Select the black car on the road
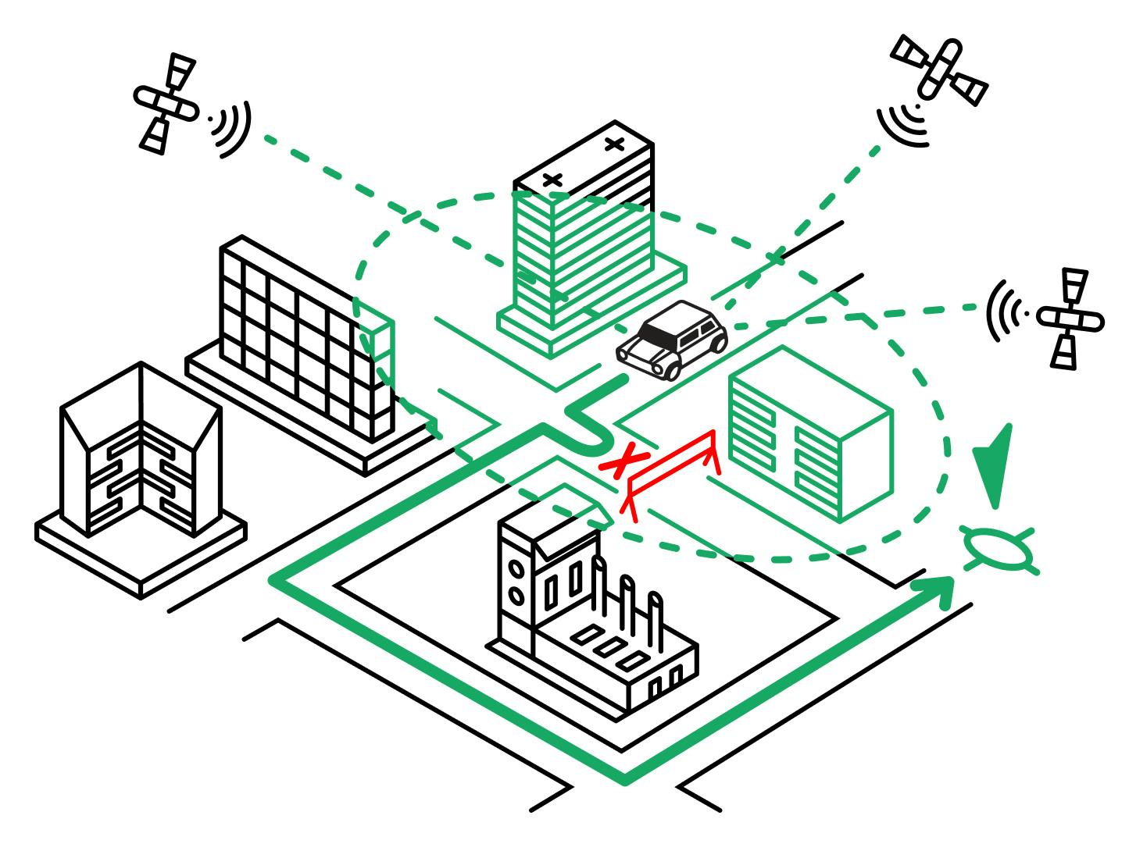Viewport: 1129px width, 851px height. point(672,339)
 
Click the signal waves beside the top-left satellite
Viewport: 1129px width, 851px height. point(231,125)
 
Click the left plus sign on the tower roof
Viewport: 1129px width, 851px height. point(552,181)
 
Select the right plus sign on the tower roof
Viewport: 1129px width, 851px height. point(615,143)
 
